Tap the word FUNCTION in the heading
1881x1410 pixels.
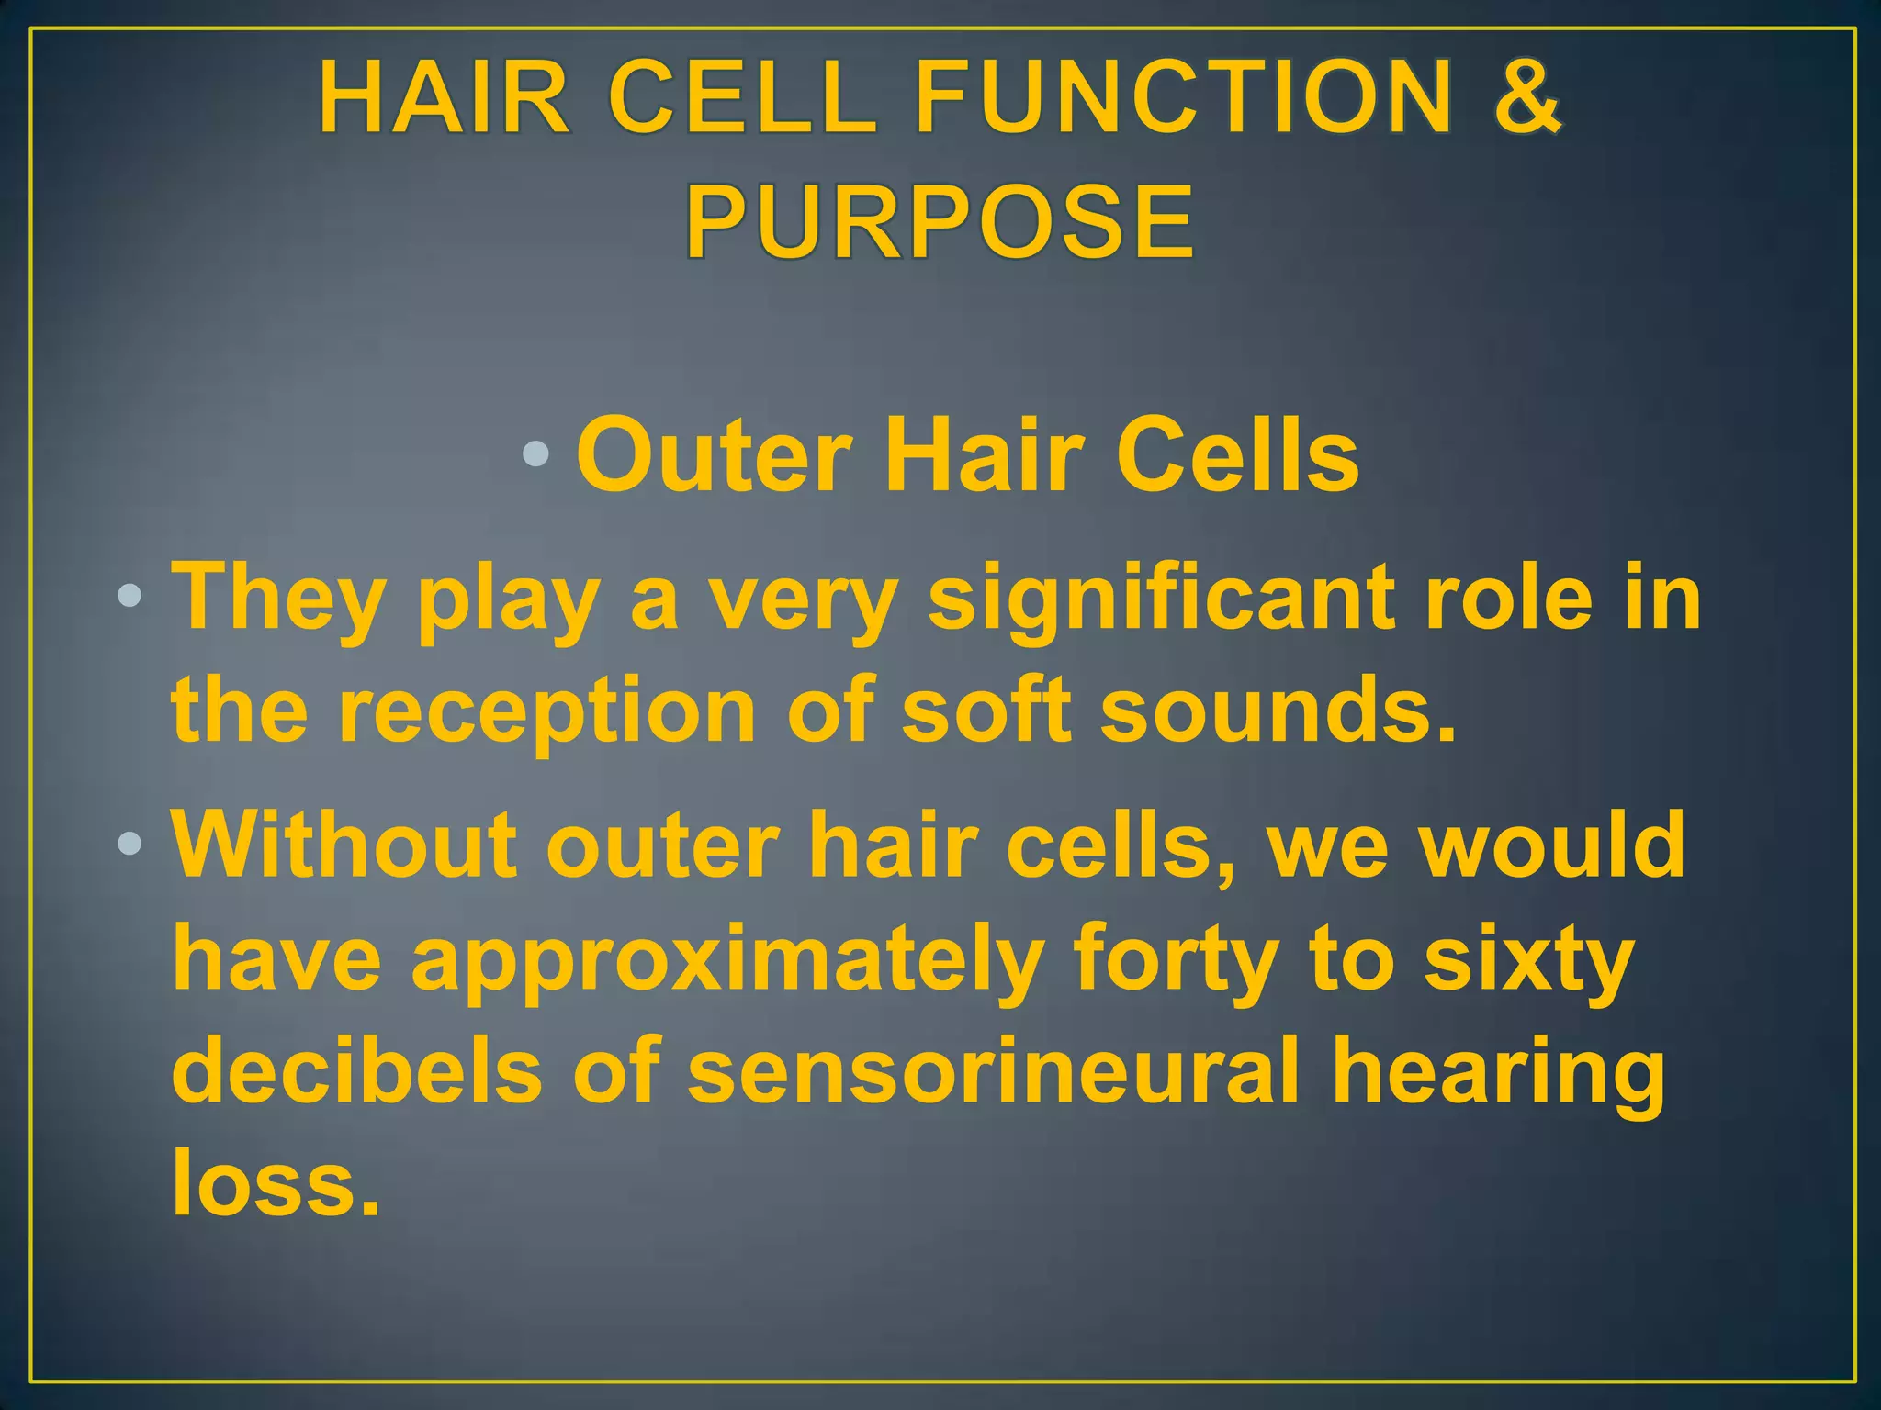point(1185,96)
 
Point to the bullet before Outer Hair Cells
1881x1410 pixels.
point(535,453)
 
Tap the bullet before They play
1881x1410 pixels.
point(130,598)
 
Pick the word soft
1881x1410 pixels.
point(986,710)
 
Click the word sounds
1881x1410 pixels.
point(1278,710)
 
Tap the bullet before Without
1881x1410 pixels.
point(130,843)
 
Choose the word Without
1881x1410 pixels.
point(344,845)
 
